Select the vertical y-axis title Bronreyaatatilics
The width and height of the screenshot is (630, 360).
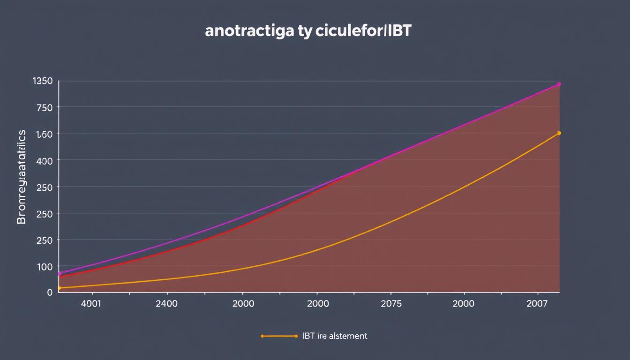point(22,177)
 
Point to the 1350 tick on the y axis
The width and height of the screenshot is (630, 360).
point(43,81)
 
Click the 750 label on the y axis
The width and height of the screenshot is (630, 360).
point(45,107)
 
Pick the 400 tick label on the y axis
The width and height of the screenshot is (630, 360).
point(45,161)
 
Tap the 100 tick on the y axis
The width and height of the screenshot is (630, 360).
point(45,267)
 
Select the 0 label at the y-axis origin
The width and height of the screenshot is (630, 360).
point(50,292)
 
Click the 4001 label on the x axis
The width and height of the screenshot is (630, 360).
point(90,303)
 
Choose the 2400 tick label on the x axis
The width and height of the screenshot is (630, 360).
point(166,303)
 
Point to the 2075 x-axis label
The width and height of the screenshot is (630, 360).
point(391,303)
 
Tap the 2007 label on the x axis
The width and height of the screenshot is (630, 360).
point(537,303)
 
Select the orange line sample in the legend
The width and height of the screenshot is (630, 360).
point(279,336)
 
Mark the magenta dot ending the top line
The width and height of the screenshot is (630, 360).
point(559,84)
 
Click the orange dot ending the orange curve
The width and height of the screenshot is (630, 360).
point(559,133)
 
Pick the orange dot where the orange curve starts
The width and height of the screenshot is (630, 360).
point(59,288)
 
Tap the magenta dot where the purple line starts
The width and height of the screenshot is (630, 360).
point(59,274)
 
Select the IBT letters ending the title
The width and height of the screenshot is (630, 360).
point(399,31)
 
